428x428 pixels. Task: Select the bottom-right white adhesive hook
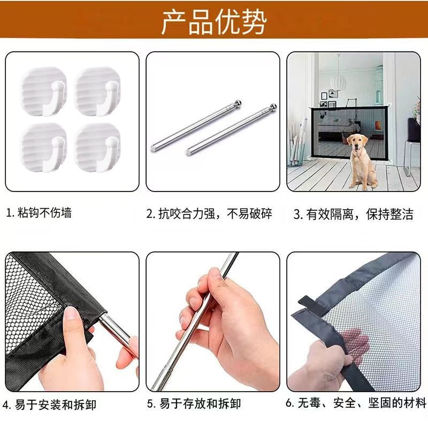tap(98, 147)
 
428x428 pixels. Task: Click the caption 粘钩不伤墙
tap(39, 213)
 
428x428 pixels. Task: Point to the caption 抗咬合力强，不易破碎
tap(210, 214)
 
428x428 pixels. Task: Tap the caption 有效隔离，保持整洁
tap(354, 215)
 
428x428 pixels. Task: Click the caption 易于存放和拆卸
tap(194, 403)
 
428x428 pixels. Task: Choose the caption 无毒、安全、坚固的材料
tap(356, 403)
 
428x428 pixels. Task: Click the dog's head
tap(356, 142)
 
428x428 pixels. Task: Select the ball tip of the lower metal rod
tap(273, 107)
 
